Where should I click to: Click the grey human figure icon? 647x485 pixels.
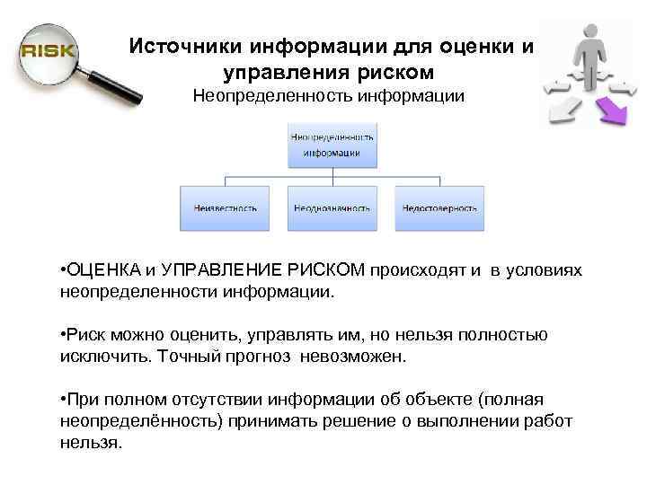(588, 53)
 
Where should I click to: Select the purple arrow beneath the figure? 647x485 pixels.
(614, 110)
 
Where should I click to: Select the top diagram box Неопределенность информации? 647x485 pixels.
(332, 145)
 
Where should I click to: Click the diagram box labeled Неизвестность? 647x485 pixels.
(225, 207)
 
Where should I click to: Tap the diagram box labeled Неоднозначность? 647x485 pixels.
(332, 207)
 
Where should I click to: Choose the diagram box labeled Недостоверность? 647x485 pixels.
(439, 207)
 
